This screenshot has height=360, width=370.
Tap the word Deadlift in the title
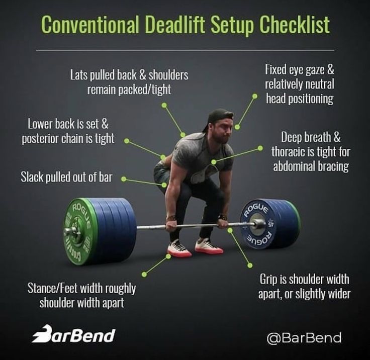coord(174,25)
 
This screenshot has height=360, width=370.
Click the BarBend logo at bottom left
coord(73,334)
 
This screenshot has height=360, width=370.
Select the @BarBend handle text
coord(304,337)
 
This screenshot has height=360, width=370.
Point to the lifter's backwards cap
coord(218,117)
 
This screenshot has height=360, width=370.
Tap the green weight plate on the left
coord(79,231)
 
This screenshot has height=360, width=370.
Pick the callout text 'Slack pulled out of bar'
coord(66,177)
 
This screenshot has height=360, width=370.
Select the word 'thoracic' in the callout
coord(288,151)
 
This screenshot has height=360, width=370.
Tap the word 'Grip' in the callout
coord(269,280)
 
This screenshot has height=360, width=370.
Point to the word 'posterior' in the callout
coord(40,139)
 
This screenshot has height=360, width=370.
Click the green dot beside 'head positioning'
coord(255,96)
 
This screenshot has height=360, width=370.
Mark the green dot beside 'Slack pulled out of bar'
coord(123,179)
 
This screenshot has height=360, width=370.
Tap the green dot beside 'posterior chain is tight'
coord(127,141)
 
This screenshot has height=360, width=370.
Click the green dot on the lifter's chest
coord(214,162)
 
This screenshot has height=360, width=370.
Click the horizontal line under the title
coord(185,51)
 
